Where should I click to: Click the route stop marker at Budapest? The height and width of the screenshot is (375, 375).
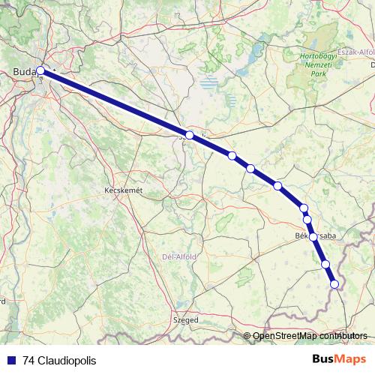(40, 72)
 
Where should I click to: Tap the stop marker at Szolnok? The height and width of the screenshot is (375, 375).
(190, 135)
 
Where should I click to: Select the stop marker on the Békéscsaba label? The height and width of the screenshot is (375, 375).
(313, 236)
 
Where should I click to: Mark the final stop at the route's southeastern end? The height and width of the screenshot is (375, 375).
(334, 283)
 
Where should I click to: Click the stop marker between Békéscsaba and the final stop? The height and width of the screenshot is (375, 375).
(325, 263)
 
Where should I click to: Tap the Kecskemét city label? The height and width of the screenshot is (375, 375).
(122, 191)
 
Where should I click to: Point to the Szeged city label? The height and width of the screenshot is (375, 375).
(186, 319)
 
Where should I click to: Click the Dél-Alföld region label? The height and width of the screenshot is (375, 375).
(178, 256)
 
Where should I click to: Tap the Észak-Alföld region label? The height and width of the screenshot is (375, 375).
(355, 52)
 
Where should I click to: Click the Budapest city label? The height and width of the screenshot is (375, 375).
(26, 72)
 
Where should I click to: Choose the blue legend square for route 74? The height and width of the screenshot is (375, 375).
(11, 360)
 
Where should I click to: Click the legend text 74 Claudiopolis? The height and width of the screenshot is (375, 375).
(59, 360)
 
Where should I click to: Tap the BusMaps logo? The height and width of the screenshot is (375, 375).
(334, 359)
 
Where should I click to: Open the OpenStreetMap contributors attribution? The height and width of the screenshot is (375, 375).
(310, 335)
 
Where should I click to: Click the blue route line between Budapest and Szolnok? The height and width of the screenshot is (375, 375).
(112, 103)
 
